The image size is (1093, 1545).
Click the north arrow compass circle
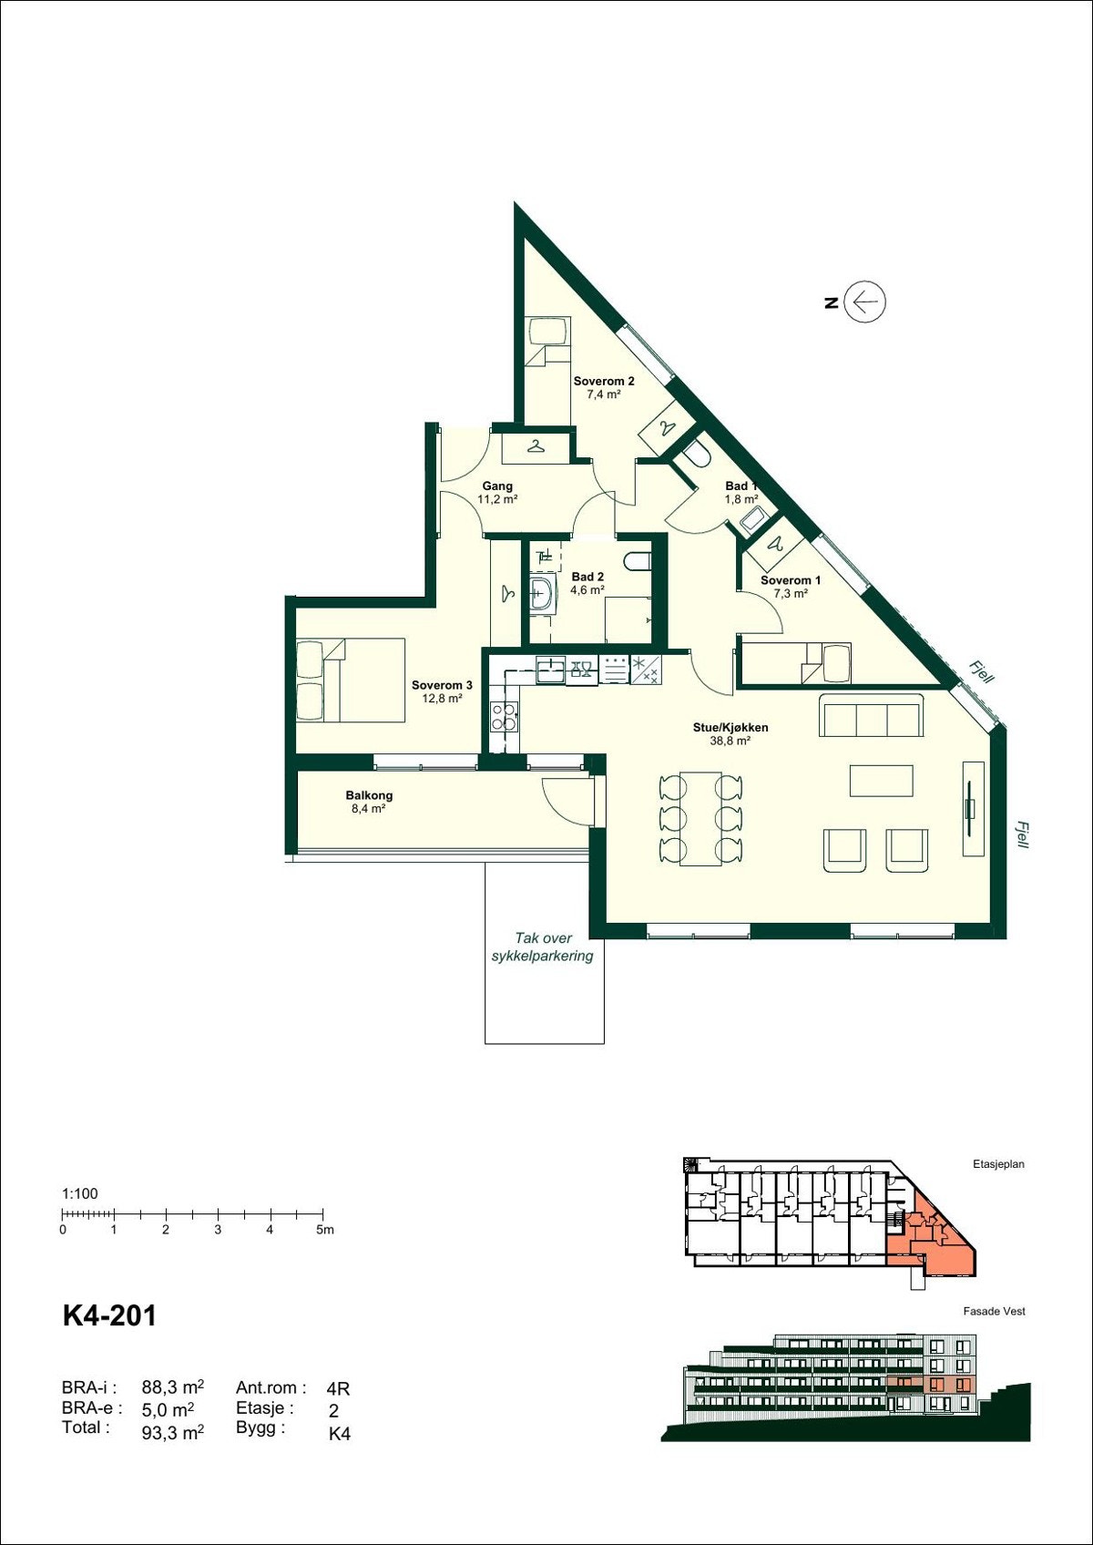tap(864, 302)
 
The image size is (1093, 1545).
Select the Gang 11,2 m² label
tap(497, 493)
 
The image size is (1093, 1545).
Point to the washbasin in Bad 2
tap(543, 593)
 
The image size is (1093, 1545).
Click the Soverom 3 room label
tap(442, 691)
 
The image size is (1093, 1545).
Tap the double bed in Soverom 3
tap(351, 680)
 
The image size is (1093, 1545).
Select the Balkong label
tap(369, 802)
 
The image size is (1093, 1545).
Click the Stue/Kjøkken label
tap(730, 733)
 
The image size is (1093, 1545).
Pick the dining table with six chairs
tap(700, 818)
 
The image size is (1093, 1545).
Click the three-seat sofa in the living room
tap(872, 716)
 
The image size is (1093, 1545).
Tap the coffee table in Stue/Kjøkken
tap(882, 781)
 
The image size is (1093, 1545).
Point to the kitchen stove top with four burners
tap(504, 717)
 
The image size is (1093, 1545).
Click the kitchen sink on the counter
tap(550, 670)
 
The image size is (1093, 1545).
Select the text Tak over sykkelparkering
tap(543, 946)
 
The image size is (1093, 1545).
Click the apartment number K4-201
tap(109, 1315)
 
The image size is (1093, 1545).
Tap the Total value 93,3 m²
tap(172, 1432)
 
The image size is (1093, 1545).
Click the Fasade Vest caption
tap(994, 1311)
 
